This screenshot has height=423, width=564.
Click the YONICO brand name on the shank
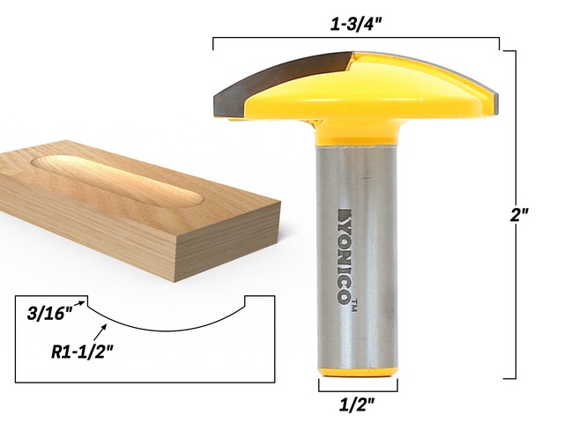point(344,256)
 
